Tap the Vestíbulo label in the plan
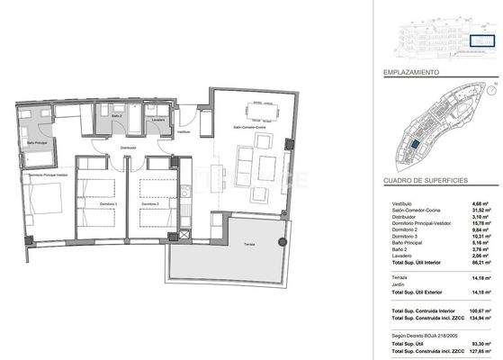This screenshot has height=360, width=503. [x=184, y=131]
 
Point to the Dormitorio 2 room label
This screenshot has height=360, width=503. [x=149, y=204]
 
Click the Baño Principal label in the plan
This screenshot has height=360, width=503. [x=37, y=142]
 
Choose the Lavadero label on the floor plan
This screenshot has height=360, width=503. [x=157, y=119]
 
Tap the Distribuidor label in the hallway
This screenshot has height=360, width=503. [x=128, y=148]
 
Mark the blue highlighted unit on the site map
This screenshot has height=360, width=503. [x=415, y=144]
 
